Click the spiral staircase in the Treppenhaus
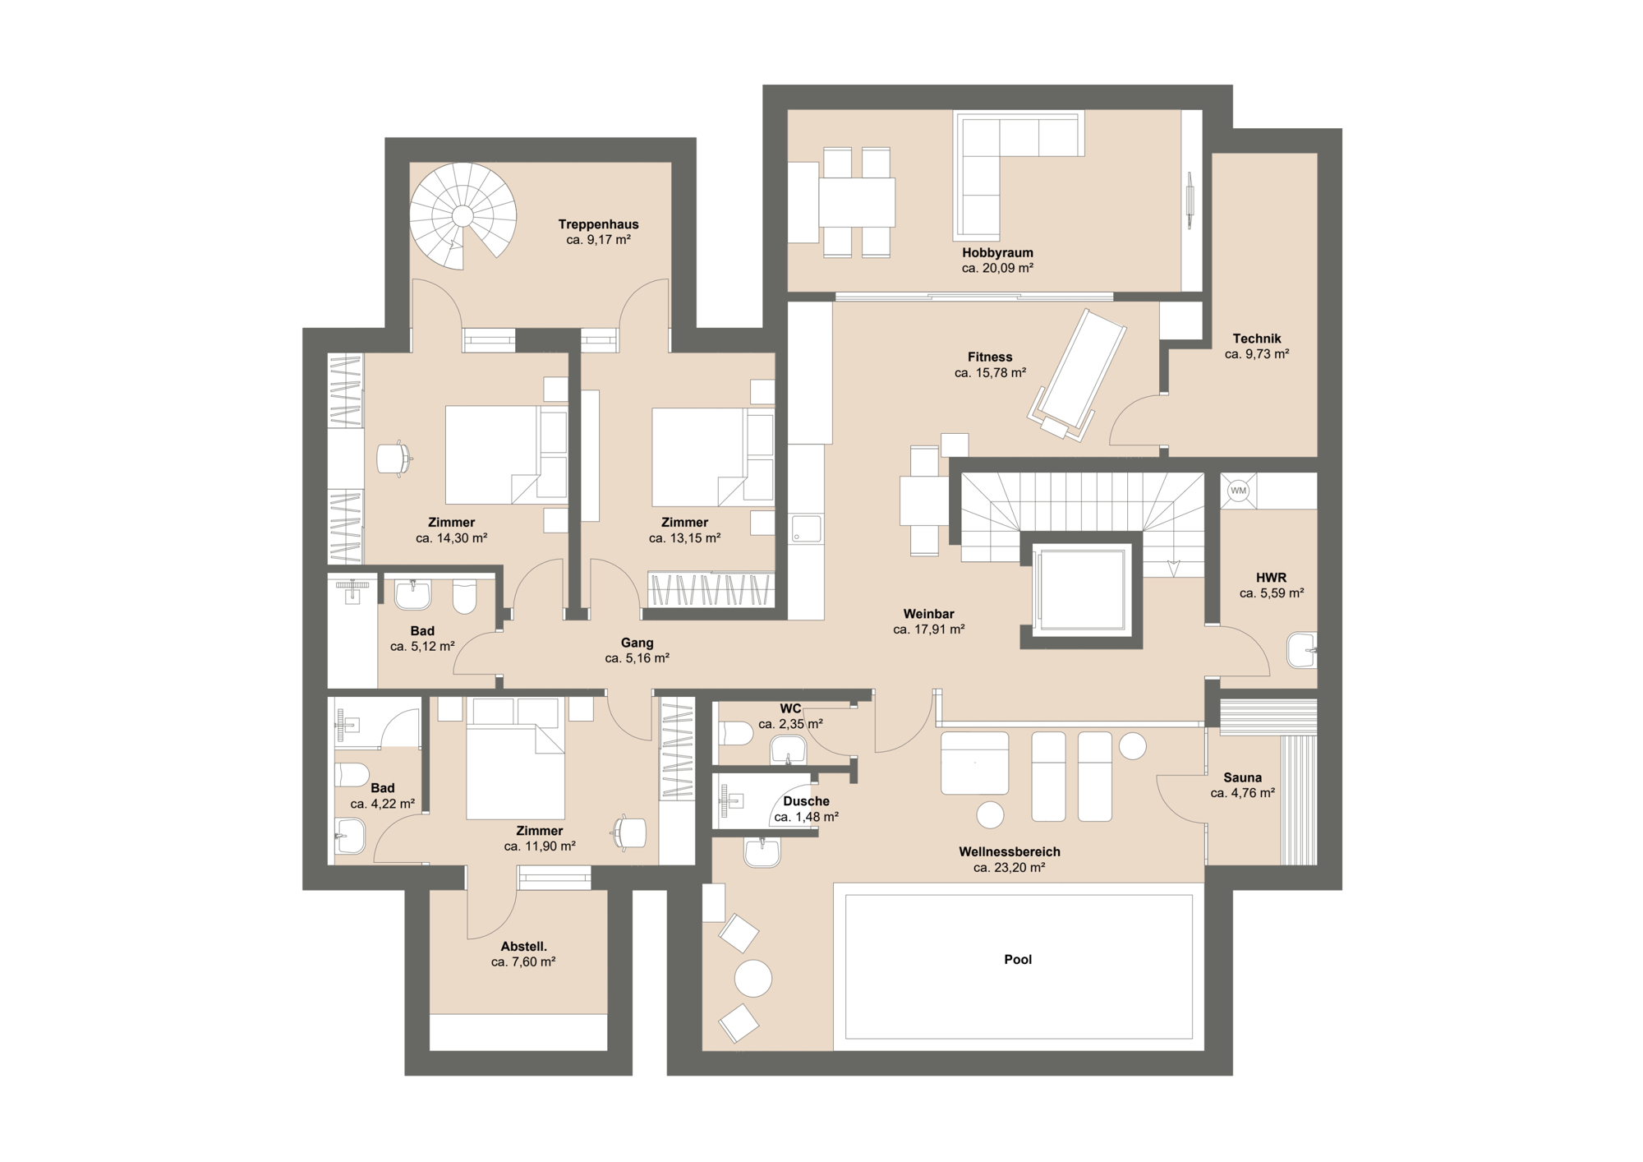(x=463, y=216)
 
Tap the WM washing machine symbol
(x=1238, y=491)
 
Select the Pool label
(x=1017, y=959)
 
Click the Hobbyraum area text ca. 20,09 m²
(x=997, y=268)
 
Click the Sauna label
(x=1242, y=777)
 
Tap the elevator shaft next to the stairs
(x=1080, y=590)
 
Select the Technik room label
(x=1256, y=339)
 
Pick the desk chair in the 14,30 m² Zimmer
(x=393, y=459)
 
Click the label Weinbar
(x=928, y=614)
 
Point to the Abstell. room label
(x=523, y=947)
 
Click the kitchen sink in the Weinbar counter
(x=806, y=528)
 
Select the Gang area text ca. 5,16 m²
(x=637, y=658)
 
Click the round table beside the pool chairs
(x=752, y=978)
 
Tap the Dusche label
(x=806, y=801)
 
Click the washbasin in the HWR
(x=1301, y=650)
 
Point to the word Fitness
(x=989, y=357)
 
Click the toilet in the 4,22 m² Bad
(x=352, y=774)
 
